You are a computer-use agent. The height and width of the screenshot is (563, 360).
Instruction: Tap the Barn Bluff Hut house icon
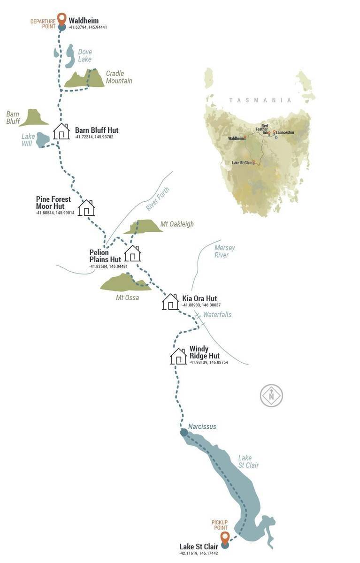click(61, 131)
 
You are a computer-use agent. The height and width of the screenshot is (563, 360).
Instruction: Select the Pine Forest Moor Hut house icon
click(86, 207)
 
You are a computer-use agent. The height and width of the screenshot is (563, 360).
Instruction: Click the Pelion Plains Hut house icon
click(133, 253)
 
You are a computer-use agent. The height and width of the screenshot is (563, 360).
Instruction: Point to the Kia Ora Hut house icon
click(170, 302)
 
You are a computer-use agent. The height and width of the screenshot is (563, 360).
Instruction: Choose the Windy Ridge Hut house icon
click(178, 357)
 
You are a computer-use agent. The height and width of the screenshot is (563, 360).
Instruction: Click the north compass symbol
click(271, 396)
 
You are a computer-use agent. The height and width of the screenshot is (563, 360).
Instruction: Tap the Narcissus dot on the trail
click(184, 432)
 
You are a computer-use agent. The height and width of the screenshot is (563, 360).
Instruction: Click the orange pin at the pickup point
click(225, 538)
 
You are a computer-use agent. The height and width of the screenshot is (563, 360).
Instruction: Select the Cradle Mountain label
click(119, 77)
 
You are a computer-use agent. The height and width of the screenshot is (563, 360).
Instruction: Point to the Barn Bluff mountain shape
click(34, 118)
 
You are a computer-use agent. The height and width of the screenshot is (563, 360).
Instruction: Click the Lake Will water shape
click(43, 139)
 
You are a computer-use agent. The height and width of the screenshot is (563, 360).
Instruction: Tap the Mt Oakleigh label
click(177, 224)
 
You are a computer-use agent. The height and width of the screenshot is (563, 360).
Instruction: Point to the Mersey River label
click(224, 251)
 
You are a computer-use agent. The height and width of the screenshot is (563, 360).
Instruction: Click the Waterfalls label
click(217, 314)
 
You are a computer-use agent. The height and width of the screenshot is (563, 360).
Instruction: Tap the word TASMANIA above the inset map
click(260, 100)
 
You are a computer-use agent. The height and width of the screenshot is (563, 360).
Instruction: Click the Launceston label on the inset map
click(285, 132)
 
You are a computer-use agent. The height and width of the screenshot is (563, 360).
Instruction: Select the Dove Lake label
click(85, 55)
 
